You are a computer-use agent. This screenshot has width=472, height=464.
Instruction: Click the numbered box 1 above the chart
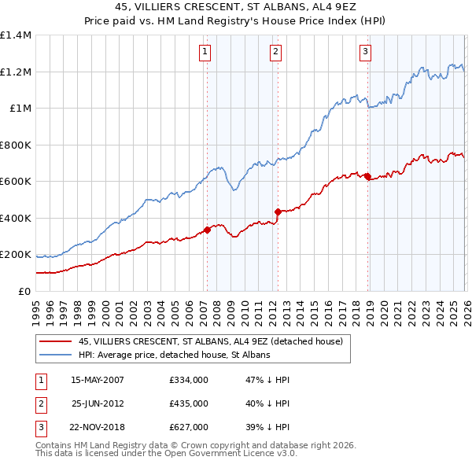(x=205, y=53)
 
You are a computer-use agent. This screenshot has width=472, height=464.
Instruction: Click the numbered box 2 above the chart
(x=276, y=53)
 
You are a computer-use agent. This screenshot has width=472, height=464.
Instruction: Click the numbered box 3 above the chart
(x=366, y=53)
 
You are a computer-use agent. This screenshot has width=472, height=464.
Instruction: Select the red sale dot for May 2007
(x=207, y=230)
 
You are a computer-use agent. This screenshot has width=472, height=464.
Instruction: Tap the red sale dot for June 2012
(x=278, y=212)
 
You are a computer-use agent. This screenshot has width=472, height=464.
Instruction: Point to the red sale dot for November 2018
(x=367, y=176)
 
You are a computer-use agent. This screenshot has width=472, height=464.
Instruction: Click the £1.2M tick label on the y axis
(x=16, y=72)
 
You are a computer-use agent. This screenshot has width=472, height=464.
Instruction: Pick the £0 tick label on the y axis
(x=24, y=292)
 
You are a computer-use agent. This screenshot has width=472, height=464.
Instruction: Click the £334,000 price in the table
(x=188, y=380)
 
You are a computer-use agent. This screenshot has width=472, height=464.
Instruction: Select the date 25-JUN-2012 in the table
(x=98, y=403)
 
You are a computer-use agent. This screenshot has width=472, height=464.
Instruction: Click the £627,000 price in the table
(x=188, y=427)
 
